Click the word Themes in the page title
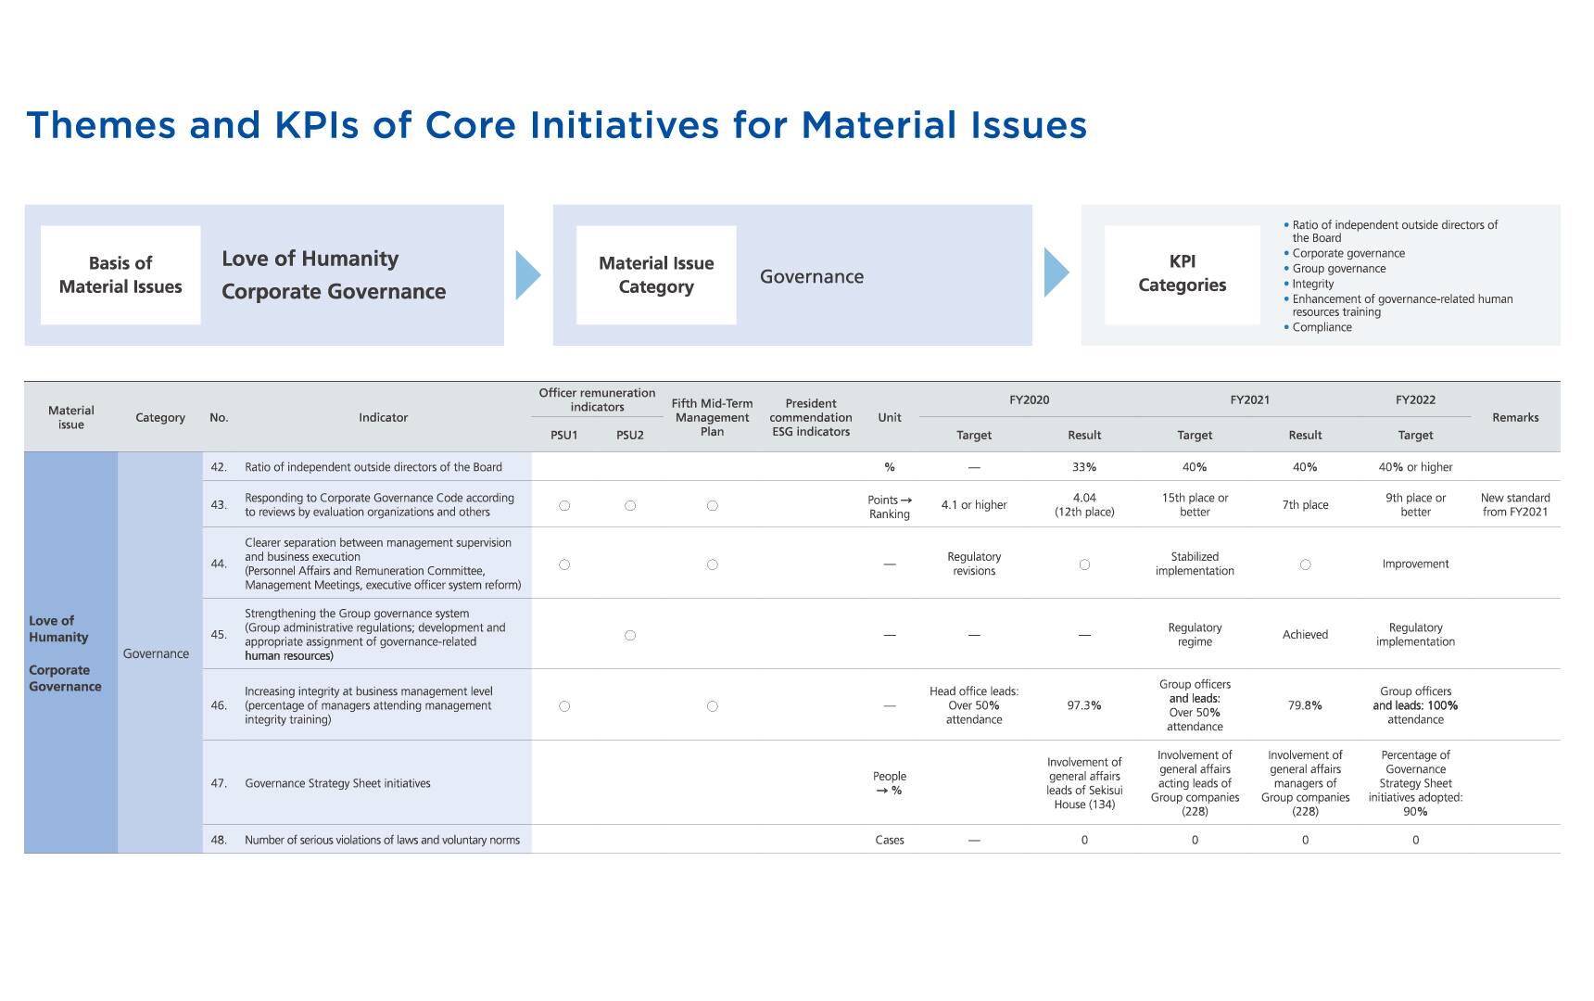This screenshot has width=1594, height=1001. tap(100, 125)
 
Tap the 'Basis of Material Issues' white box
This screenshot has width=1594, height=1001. tap(120, 275)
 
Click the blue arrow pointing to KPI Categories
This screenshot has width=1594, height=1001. tap(1056, 273)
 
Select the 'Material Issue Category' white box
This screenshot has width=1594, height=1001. tap(656, 275)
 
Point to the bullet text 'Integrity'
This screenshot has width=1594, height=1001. tap(1312, 284)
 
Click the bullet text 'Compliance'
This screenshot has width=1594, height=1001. tap(1322, 327)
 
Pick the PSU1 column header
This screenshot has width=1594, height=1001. tap(563, 435)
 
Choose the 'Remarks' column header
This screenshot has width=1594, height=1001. tap(1515, 417)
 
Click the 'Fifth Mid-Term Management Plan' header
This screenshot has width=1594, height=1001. tap(712, 417)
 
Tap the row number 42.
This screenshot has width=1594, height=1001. tap(219, 467)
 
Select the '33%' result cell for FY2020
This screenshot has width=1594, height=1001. tap(1084, 467)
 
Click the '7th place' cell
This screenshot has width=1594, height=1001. tap(1305, 505)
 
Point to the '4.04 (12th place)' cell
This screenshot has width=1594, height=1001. tap(1084, 505)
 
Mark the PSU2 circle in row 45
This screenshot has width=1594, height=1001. tap(630, 636)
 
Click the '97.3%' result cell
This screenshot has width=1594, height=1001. tap(1084, 705)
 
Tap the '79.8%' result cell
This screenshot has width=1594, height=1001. tap(1305, 705)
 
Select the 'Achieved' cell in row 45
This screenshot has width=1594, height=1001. tap(1305, 635)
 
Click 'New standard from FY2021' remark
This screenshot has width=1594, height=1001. tap(1515, 505)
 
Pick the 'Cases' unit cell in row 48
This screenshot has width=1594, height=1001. tap(890, 840)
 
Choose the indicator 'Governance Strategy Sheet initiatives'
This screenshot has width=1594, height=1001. tap(337, 783)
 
